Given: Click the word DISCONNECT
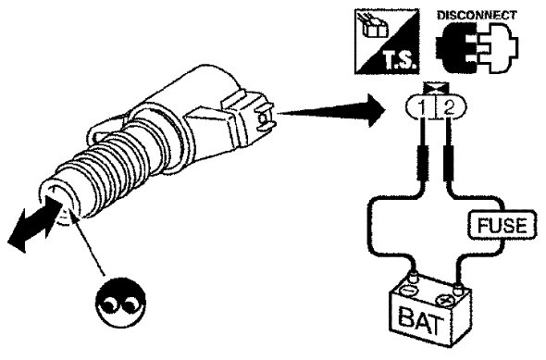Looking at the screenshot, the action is pyautogui.click(x=477, y=16).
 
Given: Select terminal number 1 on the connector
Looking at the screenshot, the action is pyautogui.click(x=422, y=108).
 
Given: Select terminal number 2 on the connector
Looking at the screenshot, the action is pyautogui.click(x=449, y=108).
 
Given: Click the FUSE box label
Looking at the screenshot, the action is pyautogui.click(x=502, y=225).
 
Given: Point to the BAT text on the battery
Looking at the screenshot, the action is pyautogui.click(x=419, y=320).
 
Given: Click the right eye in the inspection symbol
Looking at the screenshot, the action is pyautogui.click(x=130, y=304).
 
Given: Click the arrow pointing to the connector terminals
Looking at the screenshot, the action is pyautogui.click(x=332, y=110).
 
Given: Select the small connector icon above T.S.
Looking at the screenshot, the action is pyautogui.click(x=374, y=27).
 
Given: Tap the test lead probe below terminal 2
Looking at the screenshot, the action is pyautogui.click(x=449, y=163).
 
